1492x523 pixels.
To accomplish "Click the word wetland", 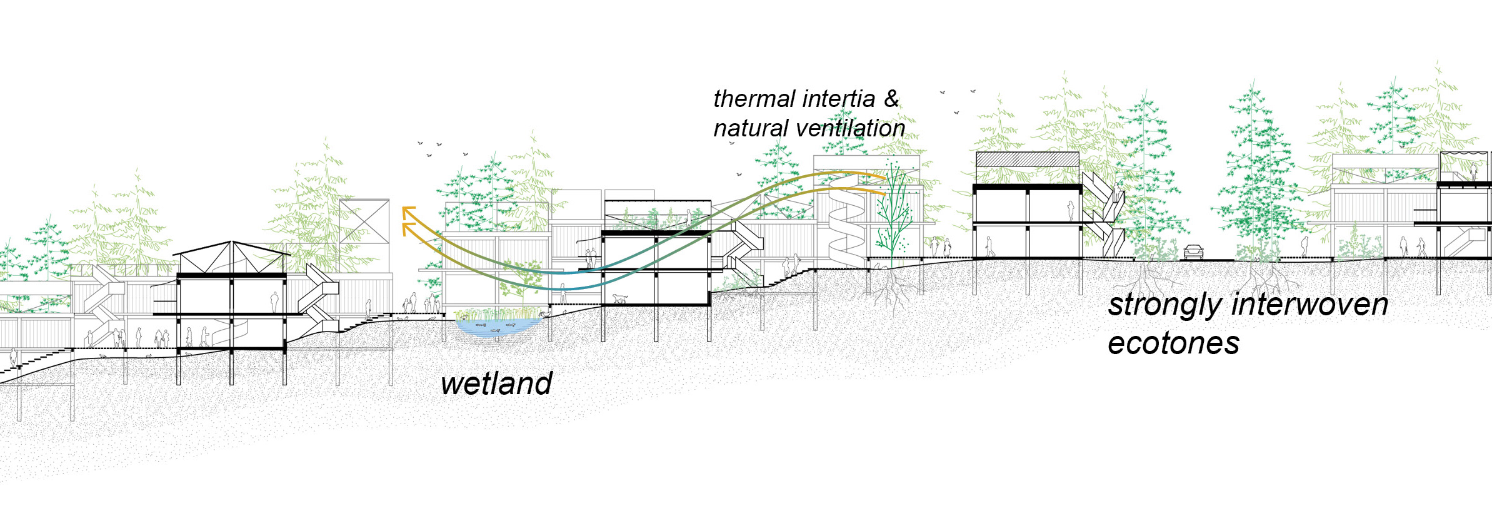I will (496, 383).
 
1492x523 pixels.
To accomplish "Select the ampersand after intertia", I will (891, 98).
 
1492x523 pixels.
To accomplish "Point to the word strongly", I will (1164, 305).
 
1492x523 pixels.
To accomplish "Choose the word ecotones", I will (1173, 343).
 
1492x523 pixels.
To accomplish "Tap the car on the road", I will (1193, 251).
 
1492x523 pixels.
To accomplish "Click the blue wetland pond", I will (498, 326).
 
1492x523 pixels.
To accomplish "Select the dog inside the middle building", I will (619, 298).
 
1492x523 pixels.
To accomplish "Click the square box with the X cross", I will (364, 221).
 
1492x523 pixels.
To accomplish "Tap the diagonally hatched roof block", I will (1027, 160).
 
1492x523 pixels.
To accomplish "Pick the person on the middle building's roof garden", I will (688, 217).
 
